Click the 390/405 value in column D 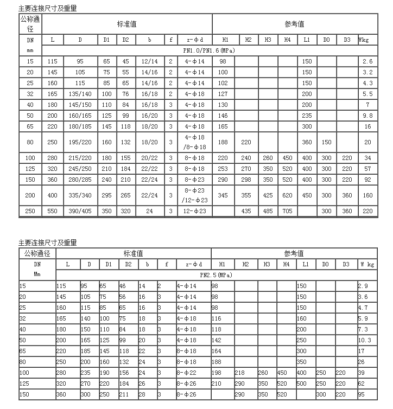[80, 210]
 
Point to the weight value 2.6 [367, 61]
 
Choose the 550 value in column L [52, 210]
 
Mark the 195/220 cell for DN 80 [80, 142]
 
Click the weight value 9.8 [367, 116]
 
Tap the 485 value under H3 [267, 210]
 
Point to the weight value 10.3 [365, 340]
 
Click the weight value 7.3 [363, 329]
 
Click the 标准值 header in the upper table [126, 24]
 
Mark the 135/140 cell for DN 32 [80, 93]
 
